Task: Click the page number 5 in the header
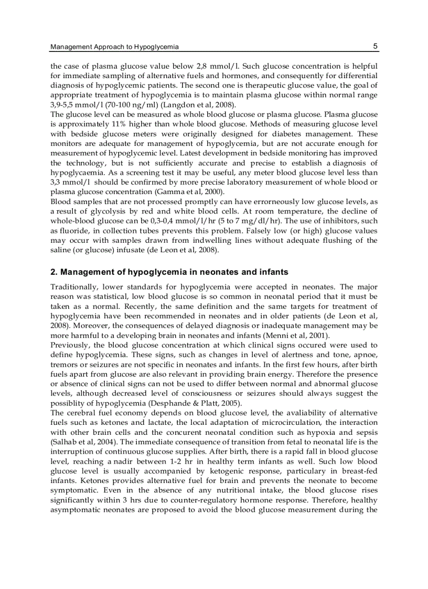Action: pos(376,46)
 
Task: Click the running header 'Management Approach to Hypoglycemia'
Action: pos(114,47)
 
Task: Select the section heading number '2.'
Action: pos(53,272)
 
